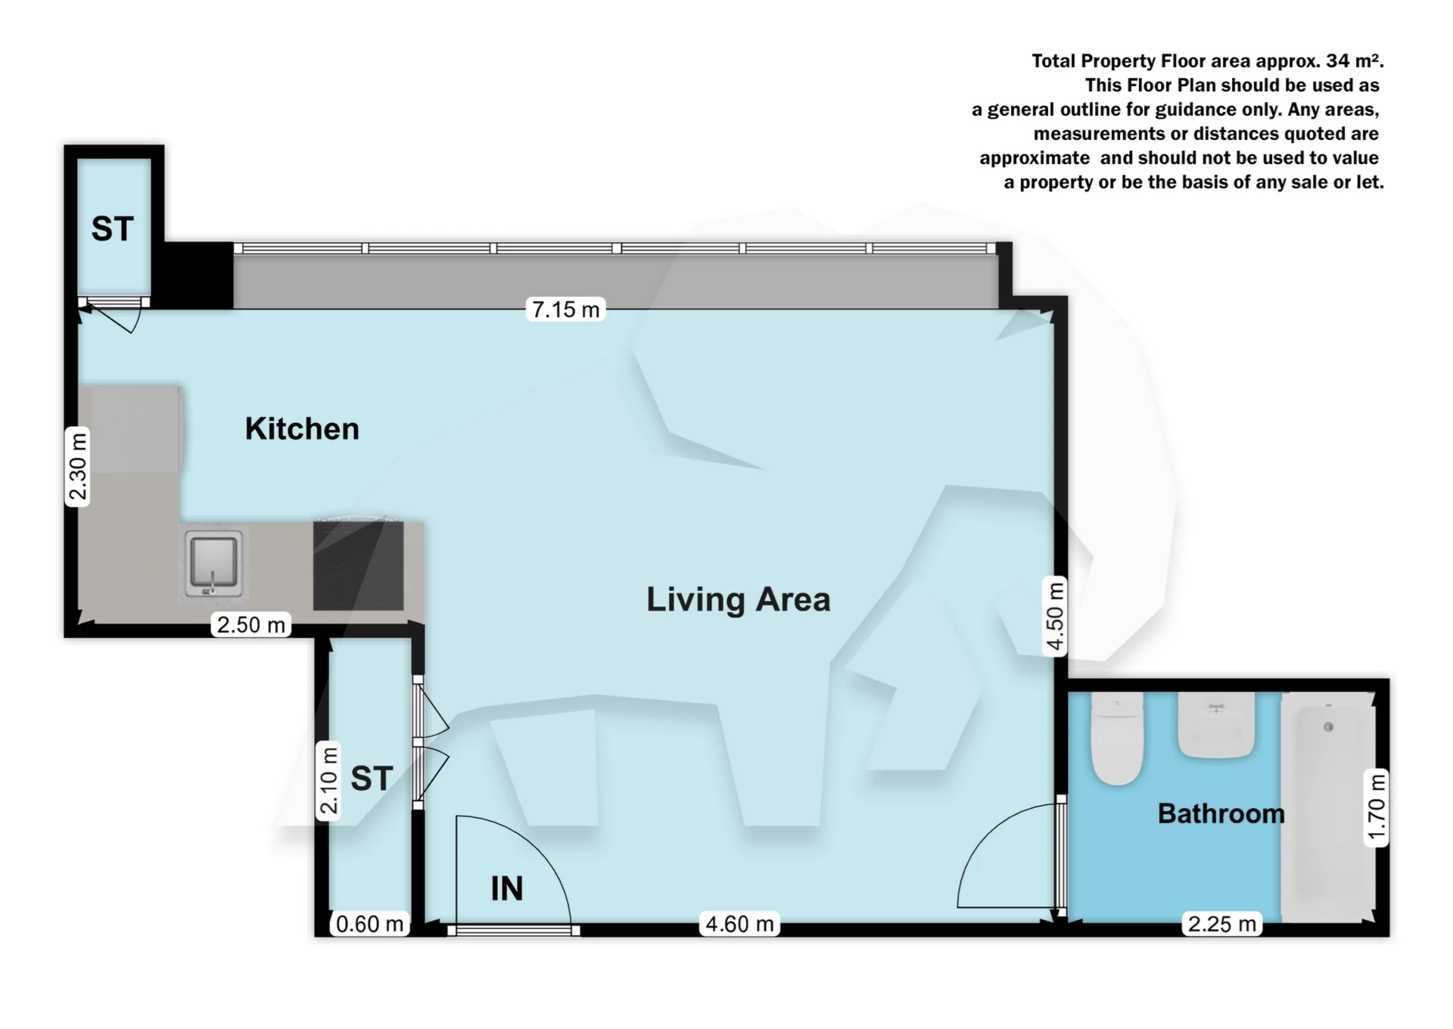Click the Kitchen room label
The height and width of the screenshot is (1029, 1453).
(x=302, y=429)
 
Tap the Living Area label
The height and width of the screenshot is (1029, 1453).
(x=738, y=599)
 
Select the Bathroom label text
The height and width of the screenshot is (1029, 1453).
(x=1221, y=813)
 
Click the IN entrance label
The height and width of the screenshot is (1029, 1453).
(x=506, y=888)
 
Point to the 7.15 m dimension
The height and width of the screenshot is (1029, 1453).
(x=565, y=309)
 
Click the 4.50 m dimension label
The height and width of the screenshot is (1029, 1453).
(x=1055, y=615)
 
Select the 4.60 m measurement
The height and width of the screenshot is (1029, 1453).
(x=739, y=924)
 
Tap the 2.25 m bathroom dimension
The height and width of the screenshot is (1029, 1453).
(x=1221, y=924)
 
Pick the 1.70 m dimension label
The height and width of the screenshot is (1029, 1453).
(x=1376, y=807)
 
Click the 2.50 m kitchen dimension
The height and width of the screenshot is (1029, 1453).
(x=250, y=625)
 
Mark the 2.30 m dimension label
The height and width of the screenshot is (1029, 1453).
(x=78, y=466)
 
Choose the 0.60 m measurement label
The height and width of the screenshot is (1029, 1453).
(x=369, y=924)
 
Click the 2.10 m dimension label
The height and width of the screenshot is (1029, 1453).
(x=328, y=781)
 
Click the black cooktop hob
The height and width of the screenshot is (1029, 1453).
(x=358, y=566)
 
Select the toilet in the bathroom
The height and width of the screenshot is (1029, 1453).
(x=1116, y=739)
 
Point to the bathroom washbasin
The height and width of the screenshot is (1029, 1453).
(x=1216, y=726)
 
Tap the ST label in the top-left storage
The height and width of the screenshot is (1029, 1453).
(x=113, y=228)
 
